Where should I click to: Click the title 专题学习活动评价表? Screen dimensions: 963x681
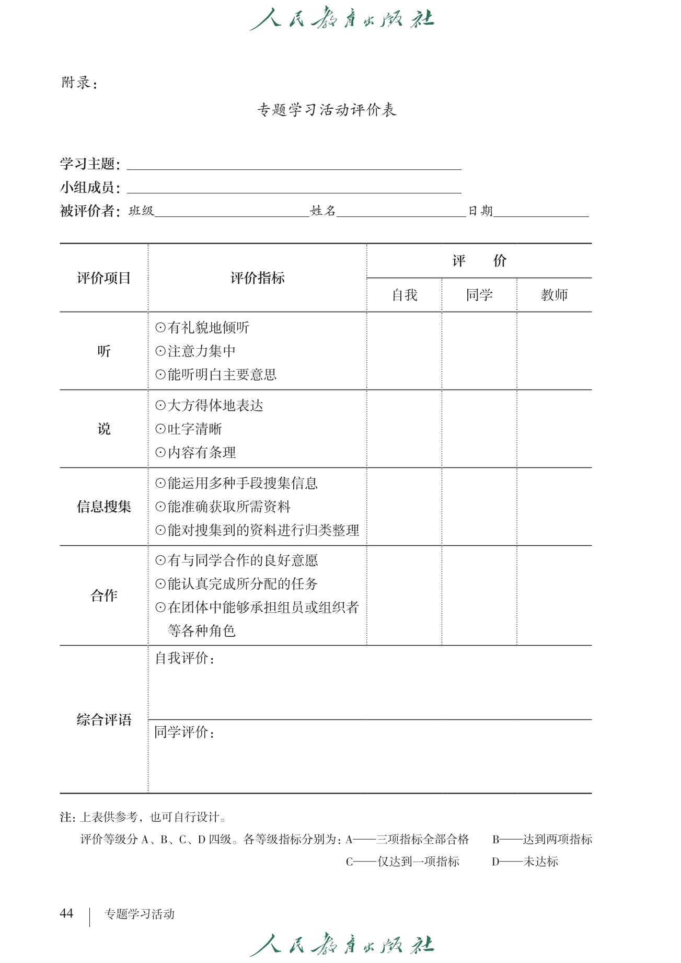pyautogui.click(x=327, y=110)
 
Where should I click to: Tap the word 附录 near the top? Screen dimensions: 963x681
pyautogui.click(x=76, y=83)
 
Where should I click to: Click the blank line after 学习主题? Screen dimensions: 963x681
pyautogui.click(x=294, y=165)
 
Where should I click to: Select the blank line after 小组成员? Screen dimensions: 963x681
pyautogui.click(x=294, y=189)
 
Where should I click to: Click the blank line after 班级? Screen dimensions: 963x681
pyautogui.click(x=232, y=212)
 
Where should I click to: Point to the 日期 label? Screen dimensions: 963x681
pyautogui.click(x=480, y=211)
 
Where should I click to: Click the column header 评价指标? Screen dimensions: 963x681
pyautogui.click(x=257, y=278)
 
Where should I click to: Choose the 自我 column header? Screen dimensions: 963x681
pyautogui.click(x=405, y=295)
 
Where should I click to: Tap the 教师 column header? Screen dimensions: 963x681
pyautogui.click(x=554, y=295)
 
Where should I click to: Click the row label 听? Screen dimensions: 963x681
pyautogui.click(x=104, y=351)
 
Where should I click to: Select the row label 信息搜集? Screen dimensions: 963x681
pyautogui.click(x=104, y=507)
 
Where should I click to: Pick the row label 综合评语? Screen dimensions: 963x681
pyautogui.click(x=104, y=720)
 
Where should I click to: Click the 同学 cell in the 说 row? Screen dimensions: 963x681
pyautogui.click(x=479, y=429)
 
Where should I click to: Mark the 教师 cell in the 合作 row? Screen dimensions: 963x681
pyautogui.click(x=554, y=595)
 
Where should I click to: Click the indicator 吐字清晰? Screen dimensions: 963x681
pyautogui.click(x=194, y=429)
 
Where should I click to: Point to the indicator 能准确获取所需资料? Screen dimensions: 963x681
pyautogui.click(x=229, y=507)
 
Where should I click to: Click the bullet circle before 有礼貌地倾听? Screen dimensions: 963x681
pyautogui.click(x=160, y=328)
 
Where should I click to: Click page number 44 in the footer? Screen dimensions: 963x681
pyautogui.click(x=66, y=913)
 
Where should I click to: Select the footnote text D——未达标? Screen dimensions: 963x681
pyautogui.click(x=525, y=862)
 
